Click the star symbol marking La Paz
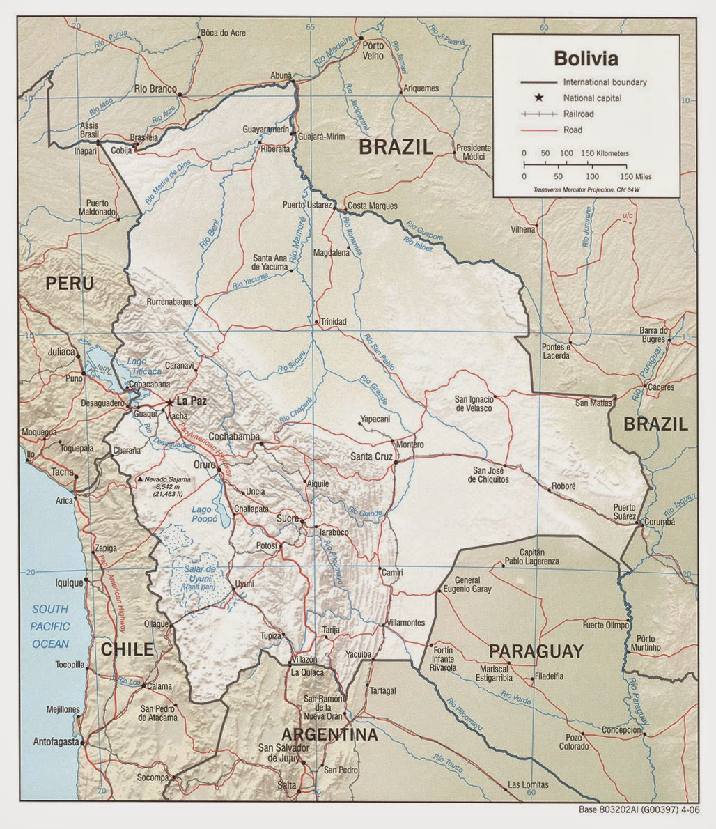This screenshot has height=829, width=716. click(x=169, y=402)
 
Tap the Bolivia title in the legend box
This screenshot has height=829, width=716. click(x=586, y=56)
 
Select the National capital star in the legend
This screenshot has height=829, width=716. click(x=538, y=98)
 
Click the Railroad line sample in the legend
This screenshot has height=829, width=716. click(x=538, y=114)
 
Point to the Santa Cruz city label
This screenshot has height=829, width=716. click(x=371, y=457)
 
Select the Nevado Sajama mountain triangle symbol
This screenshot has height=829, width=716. click(x=141, y=480)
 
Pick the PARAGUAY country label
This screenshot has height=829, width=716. click(x=535, y=651)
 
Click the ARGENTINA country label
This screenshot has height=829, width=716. click(x=329, y=734)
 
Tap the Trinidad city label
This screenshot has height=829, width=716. click(x=333, y=322)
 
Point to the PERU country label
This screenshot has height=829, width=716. click(x=70, y=283)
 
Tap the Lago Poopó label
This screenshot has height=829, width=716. click(x=205, y=514)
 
